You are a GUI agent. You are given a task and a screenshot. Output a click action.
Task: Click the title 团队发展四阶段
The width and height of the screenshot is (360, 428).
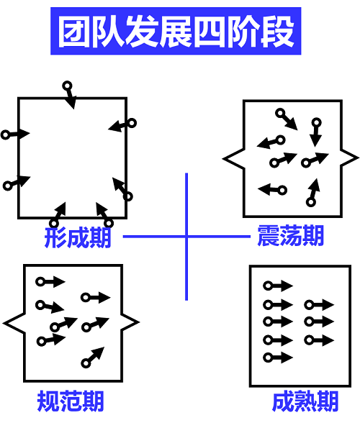176,31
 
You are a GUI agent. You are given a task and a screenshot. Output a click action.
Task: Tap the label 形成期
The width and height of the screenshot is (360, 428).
78,238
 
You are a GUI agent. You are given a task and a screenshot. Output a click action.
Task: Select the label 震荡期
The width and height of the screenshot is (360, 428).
291,235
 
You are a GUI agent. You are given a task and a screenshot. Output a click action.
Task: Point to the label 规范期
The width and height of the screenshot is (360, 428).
71,401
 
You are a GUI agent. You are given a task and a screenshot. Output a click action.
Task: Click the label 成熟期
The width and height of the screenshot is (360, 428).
305,401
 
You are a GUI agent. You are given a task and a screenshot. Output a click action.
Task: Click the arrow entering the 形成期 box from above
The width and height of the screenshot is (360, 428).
70,95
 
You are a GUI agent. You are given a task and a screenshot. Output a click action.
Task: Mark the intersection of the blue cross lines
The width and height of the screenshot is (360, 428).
186,237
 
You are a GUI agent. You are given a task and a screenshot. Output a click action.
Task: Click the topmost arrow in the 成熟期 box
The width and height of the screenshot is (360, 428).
278,286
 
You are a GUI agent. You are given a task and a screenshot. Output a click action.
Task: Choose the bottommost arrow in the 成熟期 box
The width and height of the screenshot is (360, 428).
278,358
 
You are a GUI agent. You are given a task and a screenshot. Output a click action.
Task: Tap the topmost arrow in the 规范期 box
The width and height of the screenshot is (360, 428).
50,281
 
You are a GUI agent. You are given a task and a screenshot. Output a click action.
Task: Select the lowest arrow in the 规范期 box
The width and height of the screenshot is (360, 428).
93,357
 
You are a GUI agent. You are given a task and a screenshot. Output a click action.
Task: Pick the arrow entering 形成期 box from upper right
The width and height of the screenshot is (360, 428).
122,126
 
